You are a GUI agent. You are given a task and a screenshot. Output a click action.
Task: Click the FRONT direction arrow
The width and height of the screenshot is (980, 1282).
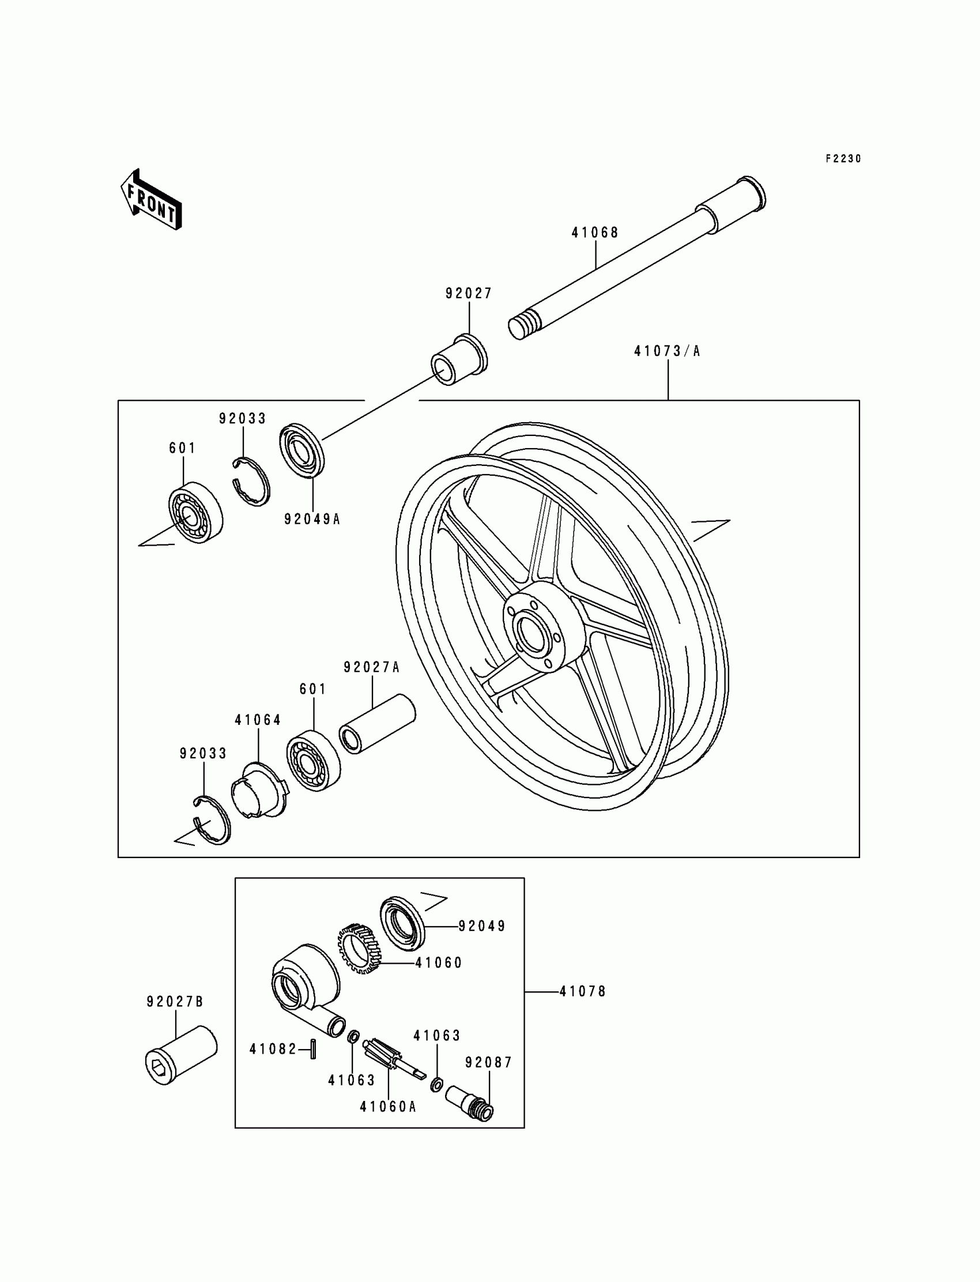click(151, 200)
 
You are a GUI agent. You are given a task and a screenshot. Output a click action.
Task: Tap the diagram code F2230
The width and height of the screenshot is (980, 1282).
click(843, 159)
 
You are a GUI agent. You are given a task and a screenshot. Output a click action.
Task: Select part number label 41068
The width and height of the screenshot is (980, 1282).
click(594, 233)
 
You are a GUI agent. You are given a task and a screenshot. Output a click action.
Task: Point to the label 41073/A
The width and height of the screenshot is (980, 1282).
click(667, 351)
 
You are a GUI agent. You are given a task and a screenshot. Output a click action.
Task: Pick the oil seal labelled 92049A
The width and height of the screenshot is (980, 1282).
click(301, 451)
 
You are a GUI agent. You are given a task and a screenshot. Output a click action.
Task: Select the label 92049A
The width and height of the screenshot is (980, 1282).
click(312, 519)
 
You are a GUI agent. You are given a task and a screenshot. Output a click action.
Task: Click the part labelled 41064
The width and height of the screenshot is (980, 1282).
click(259, 791)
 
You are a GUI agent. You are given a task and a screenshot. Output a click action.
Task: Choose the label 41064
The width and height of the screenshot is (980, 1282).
click(258, 720)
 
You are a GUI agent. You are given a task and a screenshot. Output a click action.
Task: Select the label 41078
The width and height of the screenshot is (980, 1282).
click(583, 991)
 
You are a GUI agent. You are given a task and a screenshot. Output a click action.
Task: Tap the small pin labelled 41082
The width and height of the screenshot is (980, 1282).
click(313, 1048)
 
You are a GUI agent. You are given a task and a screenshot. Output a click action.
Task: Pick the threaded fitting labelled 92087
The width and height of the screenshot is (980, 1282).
click(470, 1102)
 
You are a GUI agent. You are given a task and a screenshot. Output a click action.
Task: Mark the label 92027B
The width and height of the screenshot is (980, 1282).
click(175, 1002)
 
